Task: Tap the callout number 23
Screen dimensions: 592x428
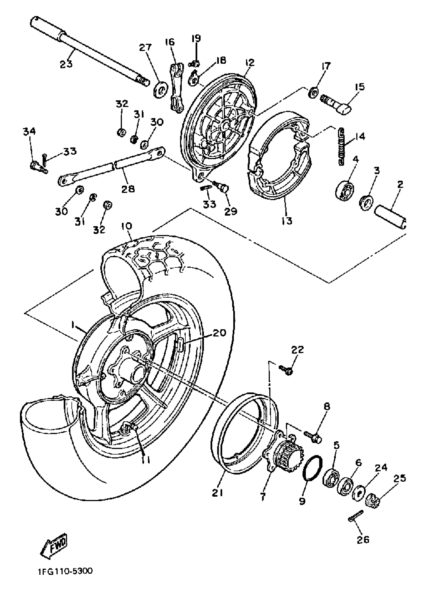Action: pos(66,64)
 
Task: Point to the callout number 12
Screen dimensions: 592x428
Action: pos(249,63)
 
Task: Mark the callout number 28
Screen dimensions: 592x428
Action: pos(128,188)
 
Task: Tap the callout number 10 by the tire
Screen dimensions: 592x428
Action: pos(126,226)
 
